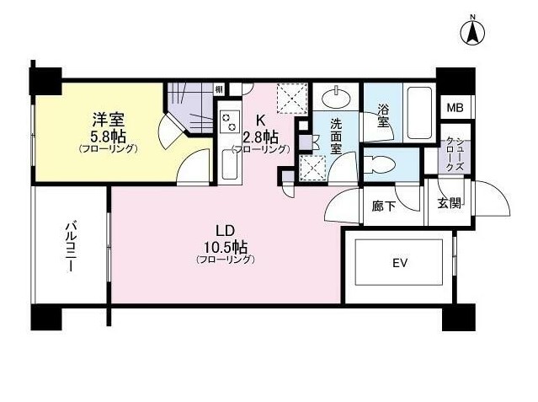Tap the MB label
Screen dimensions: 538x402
coord(455,108)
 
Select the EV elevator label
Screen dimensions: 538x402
coord(400,263)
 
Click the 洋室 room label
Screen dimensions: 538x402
coord(108,120)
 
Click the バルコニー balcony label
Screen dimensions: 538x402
coord(71,248)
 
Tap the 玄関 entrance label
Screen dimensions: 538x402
coord(449,203)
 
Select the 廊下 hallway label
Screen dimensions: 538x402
coord(384,206)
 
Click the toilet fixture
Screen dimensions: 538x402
coord(378,164)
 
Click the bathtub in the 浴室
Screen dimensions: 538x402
coord(419,112)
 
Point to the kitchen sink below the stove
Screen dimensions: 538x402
coord(230,165)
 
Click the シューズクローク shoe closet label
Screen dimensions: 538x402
coord(455,154)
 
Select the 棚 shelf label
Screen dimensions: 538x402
coord(219,89)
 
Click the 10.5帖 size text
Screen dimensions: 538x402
coord(226,246)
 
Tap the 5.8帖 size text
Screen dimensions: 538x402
coord(108,137)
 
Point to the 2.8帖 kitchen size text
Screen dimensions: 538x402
coord(260,137)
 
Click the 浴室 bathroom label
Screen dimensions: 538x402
coord(383,115)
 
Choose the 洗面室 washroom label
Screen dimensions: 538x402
coord(337,136)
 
